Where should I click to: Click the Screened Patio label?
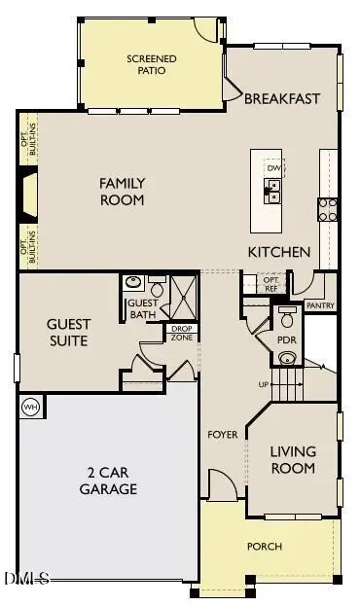click(151, 65)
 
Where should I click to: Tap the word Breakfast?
click(282, 98)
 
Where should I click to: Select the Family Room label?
click(123, 192)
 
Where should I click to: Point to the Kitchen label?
click(278, 252)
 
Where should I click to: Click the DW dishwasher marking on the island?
click(273, 167)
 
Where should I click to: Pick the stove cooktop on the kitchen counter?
click(327, 209)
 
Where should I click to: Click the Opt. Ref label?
click(271, 282)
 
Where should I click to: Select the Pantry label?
click(320, 305)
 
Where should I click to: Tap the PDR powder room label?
click(287, 341)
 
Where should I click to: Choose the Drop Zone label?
click(182, 332)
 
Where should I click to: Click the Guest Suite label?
click(69, 333)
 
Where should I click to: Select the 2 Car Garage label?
click(108, 481)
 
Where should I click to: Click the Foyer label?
click(222, 434)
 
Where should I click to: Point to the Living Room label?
click(293, 460)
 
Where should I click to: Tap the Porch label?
click(264, 547)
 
